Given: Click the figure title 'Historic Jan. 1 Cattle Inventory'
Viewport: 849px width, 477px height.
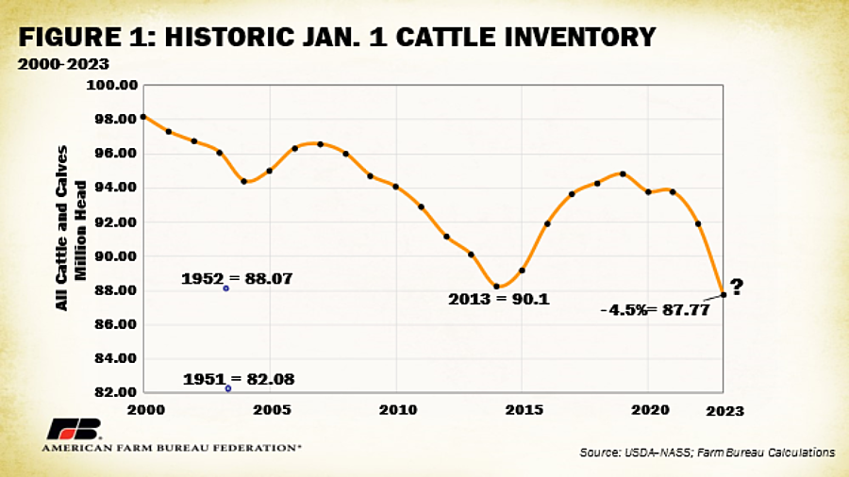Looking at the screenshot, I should [x=338, y=38].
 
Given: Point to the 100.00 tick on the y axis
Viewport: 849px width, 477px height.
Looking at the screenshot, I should [x=112, y=85].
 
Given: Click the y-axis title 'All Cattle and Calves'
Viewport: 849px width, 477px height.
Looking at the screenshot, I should [x=62, y=226].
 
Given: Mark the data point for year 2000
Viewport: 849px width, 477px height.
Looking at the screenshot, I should [x=143, y=117].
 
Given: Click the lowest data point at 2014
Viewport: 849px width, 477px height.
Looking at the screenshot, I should [x=497, y=287].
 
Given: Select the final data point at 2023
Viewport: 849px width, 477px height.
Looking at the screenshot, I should [x=724, y=294].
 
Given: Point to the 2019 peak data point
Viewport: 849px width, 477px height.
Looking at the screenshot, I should [x=623, y=173].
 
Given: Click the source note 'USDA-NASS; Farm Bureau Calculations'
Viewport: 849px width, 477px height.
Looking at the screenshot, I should [x=707, y=453].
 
